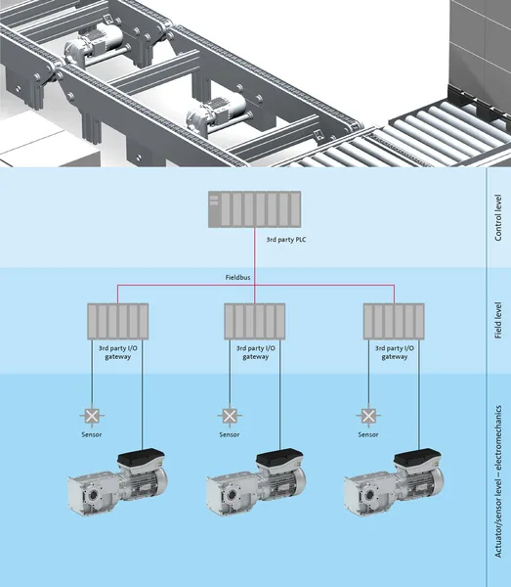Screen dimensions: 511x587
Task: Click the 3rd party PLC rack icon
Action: [x=255, y=209]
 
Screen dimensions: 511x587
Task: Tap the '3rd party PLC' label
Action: [x=286, y=240]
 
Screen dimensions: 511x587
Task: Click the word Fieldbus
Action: [x=237, y=278]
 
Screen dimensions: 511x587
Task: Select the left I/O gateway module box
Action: [x=118, y=321]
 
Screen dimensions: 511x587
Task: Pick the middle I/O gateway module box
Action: [x=255, y=321]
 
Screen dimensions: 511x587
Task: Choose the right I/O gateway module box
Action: [x=394, y=321]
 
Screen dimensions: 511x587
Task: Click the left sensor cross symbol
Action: [x=92, y=416]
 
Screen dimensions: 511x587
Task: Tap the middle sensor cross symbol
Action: [x=230, y=416]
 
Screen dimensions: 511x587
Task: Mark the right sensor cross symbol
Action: [x=368, y=416]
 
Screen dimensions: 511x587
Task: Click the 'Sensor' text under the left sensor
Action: [x=92, y=434]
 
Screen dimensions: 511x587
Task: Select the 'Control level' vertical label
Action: [x=498, y=217]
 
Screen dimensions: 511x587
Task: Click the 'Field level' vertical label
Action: [x=498, y=321]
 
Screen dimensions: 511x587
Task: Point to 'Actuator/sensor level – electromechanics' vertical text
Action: [x=498, y=481]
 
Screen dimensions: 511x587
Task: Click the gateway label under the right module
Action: [x=395, y=352]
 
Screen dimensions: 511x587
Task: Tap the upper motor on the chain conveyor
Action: [x=94, y=45]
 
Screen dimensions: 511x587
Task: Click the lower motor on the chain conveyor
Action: [x=216, y=113]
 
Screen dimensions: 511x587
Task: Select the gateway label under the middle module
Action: [x=256, y=352]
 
